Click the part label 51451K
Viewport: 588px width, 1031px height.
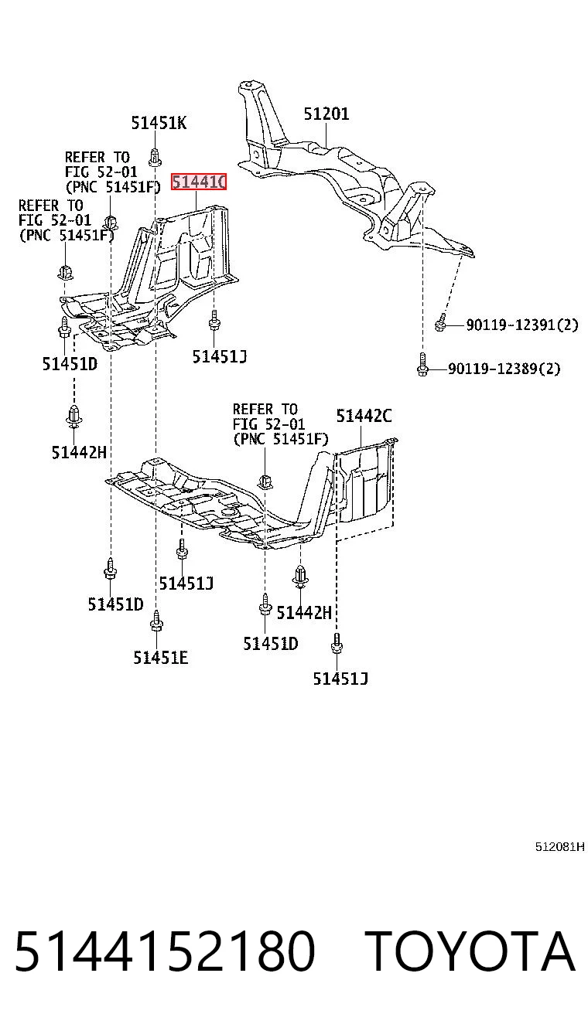click(159, 124)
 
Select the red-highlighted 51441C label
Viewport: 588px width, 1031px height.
click(199, 182)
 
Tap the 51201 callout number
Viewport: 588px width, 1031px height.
click(326, 114)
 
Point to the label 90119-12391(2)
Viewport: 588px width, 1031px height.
click(521, 325)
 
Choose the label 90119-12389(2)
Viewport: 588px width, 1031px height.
click(504, 369)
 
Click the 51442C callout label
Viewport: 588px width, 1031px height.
click(364, 416)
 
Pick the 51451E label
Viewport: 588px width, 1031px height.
click(160, 658)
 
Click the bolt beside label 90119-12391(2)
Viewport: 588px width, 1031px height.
click(440, 322)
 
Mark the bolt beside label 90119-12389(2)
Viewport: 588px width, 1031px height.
click(422, 365)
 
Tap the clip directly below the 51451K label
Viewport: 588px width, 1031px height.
click(156, 157)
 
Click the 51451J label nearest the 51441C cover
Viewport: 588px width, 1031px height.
click(220, 357)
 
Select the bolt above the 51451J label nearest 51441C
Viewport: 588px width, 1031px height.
click(214, 320)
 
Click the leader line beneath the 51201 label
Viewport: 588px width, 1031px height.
click(326, 135)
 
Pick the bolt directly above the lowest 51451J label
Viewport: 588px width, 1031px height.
click(337, 644)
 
